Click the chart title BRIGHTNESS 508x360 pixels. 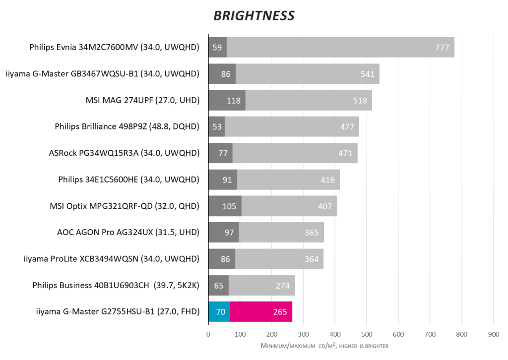[x=254, y=16]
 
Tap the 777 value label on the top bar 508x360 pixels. [x=442, y=48]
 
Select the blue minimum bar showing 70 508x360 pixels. [x=219, y=312]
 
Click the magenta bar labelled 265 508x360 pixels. [x=261, y=312]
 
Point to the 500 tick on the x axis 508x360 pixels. [x=367, y=334]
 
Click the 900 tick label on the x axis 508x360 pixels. [x=493, y=334]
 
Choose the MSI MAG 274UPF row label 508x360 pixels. [x=142, y=101]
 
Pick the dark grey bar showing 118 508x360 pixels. [x=227, y=101]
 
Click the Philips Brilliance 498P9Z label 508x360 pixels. [x=127, y=127]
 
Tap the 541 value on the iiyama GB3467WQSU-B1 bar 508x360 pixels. [x=368, y=74]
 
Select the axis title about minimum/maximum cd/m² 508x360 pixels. [x=324, y=345]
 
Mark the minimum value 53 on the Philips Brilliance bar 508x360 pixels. [x=216, y=127]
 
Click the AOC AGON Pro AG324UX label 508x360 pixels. [x=128, y=232]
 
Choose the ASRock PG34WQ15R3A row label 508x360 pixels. [x=124, y=153]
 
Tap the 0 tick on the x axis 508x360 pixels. [x=208, y=334]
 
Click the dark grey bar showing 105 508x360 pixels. [x=225, y=206]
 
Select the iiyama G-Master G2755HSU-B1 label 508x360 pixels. [x=118, y=312]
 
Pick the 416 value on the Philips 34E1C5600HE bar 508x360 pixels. [x=327, y=180]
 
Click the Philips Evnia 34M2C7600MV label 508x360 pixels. [x=114, y=48]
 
